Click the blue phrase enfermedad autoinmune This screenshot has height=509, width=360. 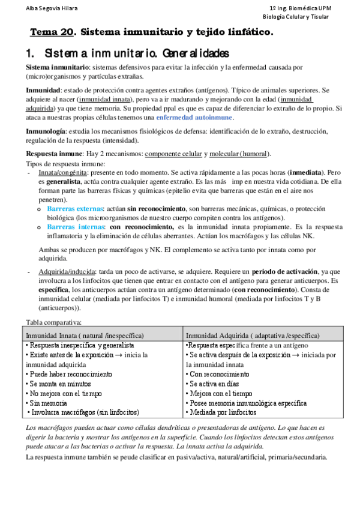194,117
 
